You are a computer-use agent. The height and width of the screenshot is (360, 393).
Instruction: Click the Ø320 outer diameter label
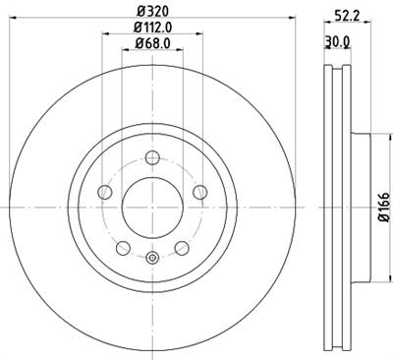pos(151,13)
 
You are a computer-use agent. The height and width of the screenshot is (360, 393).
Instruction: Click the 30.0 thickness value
pos(338,42)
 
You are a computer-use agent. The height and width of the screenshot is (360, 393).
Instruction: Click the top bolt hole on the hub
pos(151,156)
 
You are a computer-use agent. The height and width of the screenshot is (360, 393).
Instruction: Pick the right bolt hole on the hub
pos(199,192)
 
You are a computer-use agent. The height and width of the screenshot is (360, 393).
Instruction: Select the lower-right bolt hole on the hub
pos(181,248)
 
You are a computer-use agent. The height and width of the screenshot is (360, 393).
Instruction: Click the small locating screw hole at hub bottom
pos(151,259)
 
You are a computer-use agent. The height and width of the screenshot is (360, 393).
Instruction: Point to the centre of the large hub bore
pos(151,208)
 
